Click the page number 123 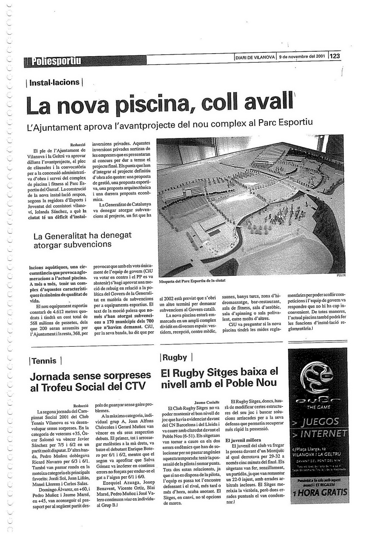[335, 56]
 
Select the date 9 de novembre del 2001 [302, 57]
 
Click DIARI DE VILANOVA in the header [255, 57]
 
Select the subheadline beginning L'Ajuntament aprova [171, 125]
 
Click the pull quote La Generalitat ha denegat [82, 240]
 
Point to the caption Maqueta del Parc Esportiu [192, 281]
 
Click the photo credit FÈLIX [341, 275]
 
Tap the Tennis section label [44, 361]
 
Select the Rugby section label [175, 357]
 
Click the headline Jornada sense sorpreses [90, 381]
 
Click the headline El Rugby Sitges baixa [220, 377]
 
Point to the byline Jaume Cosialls [207, 402]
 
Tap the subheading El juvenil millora [243, 440]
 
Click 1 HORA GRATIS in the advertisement [320, 493]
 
